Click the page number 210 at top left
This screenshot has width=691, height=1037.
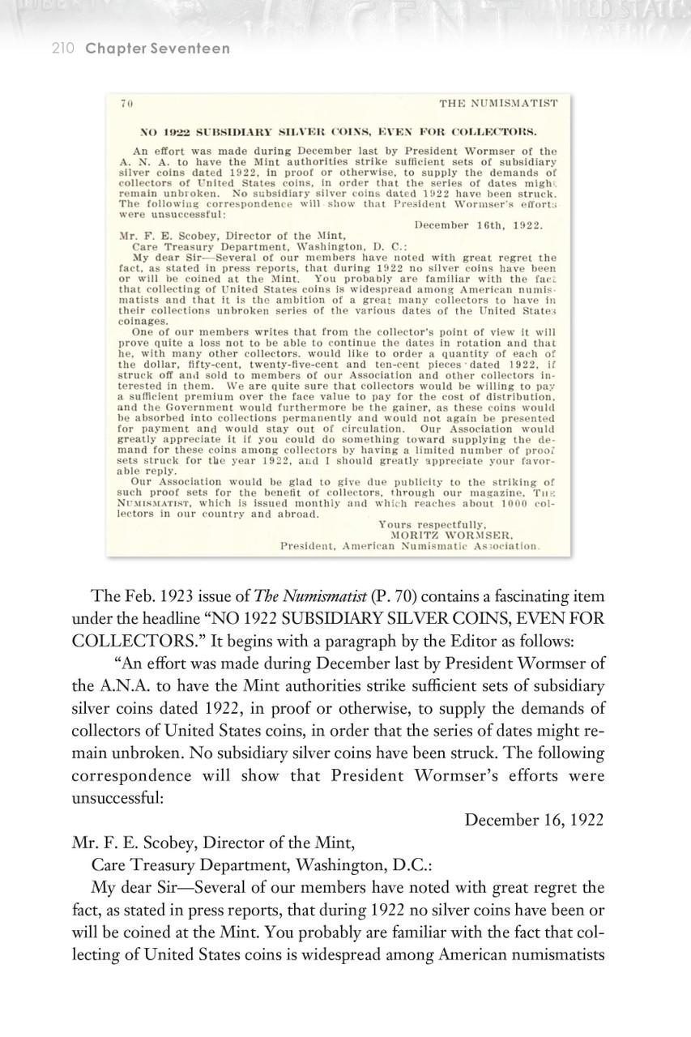[x=62, y=49]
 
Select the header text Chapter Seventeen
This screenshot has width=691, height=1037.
[x=157, y=49]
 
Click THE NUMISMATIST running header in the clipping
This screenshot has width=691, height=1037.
[x=498, y=104]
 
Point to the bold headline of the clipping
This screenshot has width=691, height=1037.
[x=339, y=131]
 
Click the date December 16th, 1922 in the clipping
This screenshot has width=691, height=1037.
[x=478, y=224]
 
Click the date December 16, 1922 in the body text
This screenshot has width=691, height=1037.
[x=534, y=819]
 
